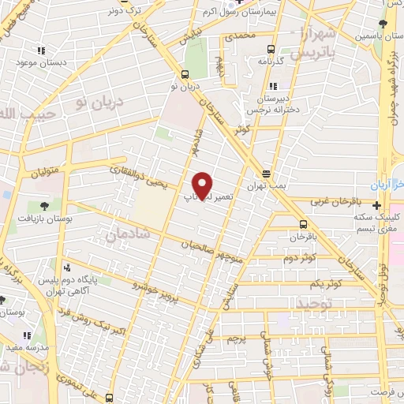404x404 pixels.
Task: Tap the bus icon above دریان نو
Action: pyautogui.click(x=185, y=75)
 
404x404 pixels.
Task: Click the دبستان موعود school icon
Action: pyautogui.click(x=36, y=50)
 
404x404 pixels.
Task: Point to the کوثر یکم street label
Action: pyautogui.click(x=325, y=282)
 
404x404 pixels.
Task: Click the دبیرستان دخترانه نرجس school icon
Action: pyautogui.click(x=273, y=87)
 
